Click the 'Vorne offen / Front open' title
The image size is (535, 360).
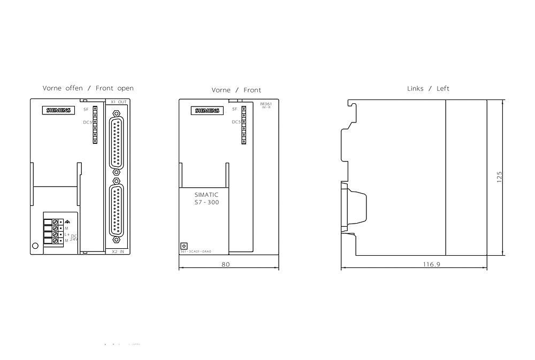(88, 88)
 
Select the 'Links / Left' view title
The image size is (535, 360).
(428, 88)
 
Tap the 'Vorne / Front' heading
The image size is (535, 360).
(236, 90)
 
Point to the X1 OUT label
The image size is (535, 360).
(118, 102)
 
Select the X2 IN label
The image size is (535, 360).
(118, 251)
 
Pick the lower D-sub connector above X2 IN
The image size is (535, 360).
(116, 210)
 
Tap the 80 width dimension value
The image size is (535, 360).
(226, 264)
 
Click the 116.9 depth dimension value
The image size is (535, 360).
(431, 264)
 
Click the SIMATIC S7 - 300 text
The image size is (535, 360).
(207, 199)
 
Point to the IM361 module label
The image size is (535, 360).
(265, 104)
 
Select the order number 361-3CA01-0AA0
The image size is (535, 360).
(196, 251)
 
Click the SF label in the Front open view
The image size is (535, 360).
(86, 109)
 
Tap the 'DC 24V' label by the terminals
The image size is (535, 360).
(74, 238)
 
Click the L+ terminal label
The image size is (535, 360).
(67, 234)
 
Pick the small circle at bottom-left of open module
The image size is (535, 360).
(35, 246)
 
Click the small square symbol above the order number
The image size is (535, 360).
(185, 244)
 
